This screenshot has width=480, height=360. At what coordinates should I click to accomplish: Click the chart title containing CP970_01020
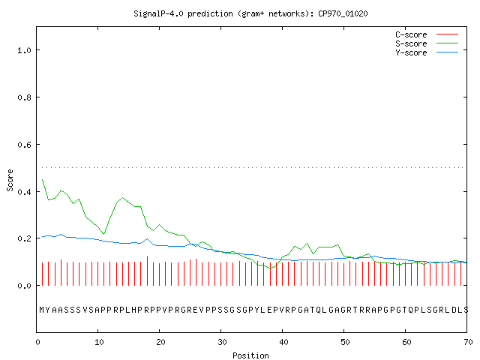click(250, 13)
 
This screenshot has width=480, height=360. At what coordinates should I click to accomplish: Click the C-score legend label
click(411, 34)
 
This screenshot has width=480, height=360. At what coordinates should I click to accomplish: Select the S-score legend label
click(411, 43)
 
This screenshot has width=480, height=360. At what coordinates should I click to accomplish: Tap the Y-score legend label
click(411, 52)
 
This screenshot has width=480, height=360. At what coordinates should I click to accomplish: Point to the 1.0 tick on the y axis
click(24, 50)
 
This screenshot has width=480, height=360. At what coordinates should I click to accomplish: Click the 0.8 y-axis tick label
click(24, 97)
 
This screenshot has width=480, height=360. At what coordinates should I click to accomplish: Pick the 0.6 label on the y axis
click(24, 145)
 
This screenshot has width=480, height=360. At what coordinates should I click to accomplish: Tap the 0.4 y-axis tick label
click(24, 192)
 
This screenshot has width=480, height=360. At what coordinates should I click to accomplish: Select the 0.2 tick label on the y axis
click(24, 238)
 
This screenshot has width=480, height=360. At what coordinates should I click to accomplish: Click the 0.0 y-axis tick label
click(24, 286)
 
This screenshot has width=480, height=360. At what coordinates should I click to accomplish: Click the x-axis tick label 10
click(98, 342)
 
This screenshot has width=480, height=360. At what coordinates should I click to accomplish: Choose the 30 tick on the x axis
click(222, 342)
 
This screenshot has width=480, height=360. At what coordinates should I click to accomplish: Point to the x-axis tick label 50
click(345, 342)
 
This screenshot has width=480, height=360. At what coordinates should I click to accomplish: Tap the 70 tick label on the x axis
click(468, 342)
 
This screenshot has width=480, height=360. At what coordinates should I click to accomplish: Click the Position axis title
click(250, 355)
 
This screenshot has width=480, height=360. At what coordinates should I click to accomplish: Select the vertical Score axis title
click(10, 181)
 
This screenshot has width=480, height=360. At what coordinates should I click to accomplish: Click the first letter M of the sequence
click(42, 310)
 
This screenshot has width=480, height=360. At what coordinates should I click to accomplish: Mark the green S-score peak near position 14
click(122, 198)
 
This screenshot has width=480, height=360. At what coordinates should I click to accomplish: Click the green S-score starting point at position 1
click(42, 180)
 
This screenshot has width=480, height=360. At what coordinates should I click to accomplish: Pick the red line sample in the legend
click(447, 34)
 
